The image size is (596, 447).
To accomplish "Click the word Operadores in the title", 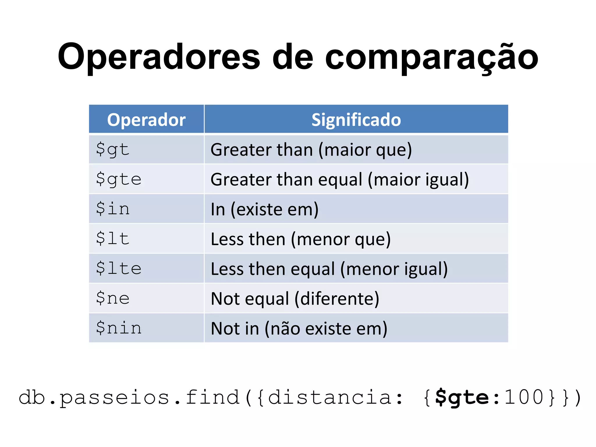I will (x=159, y=57).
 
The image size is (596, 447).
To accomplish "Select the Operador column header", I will (x=146, y=120).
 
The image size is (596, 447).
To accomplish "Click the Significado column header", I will (x=356, y=120).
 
